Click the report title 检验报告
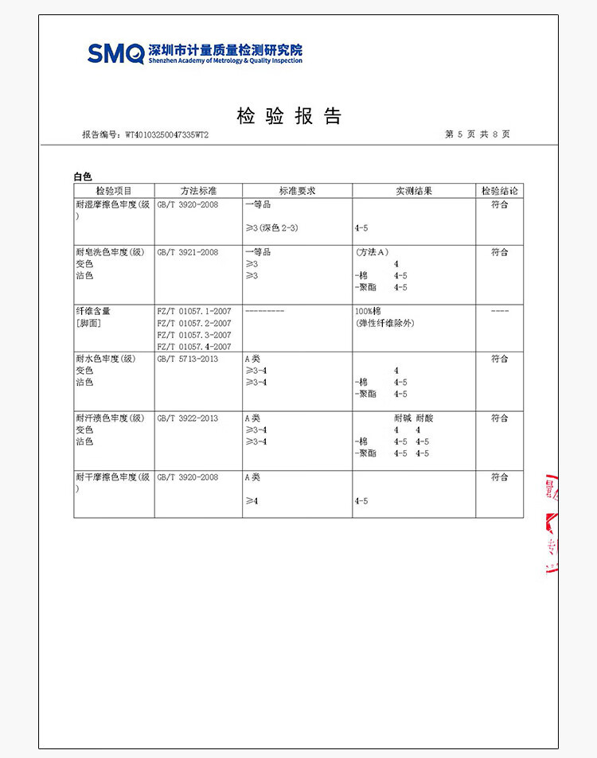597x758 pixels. tap(289, 116)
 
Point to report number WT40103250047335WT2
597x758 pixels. tap(167, 135)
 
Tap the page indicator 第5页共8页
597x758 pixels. tap(477, 134)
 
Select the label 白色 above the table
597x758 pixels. tap(83, 177)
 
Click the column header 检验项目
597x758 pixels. tap(114, 191)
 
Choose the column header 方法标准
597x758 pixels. tap(198, 191)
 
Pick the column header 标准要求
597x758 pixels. tap(297, 191)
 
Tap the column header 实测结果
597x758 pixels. tap(414, 191)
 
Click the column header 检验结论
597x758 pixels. tap(499, 191)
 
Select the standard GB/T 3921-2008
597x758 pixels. tap(188, 252)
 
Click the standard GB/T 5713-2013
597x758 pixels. tap(188, 359)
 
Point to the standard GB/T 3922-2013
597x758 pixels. tap(188, 418)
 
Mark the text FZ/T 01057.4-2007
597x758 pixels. tap(194, 347)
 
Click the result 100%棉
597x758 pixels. tap(369, 311)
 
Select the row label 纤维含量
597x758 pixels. tap(93, 311)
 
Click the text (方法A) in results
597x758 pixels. tap(373, 252)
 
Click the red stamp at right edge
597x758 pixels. tap(550, 525)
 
